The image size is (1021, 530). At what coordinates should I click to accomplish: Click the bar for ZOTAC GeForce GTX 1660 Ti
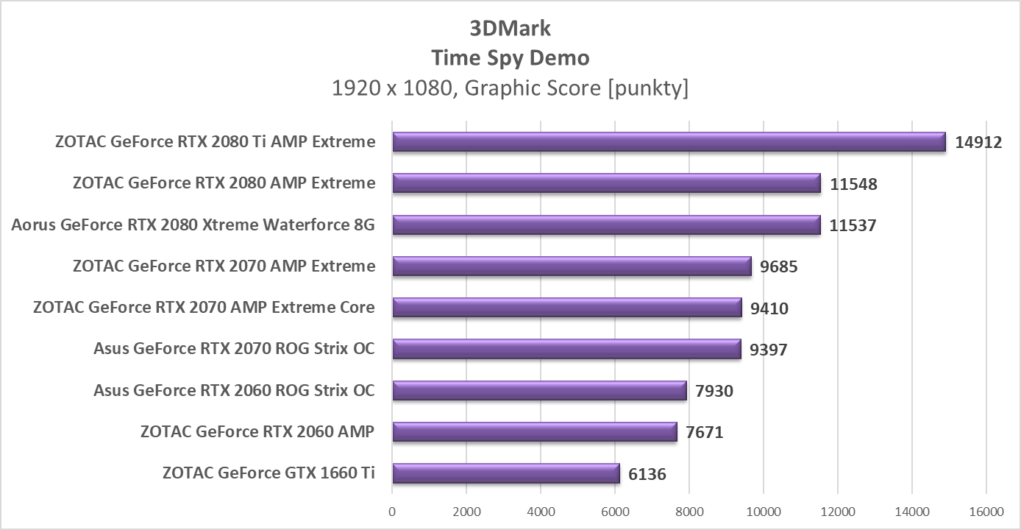pyautogui.click(x=506, y=473)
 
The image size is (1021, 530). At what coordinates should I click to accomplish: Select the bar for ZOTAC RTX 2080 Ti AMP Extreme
pyautogui.click(x=669, y=142)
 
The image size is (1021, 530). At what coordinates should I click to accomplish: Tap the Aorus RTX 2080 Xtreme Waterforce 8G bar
pyautogui.click(x=606, y=225)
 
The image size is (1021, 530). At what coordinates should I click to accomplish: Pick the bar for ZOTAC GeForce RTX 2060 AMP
pyautogui.click(x=534, y=431)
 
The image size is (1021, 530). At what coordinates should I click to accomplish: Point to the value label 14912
pyautogui.click(x=978, y=143)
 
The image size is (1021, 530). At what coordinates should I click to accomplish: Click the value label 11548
pyautogui.click(x=853, y=184)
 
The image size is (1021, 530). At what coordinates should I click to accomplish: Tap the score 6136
pyautogui.click(x=647, y=474)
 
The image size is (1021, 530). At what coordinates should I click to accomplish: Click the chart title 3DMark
pyautogui.click(x=510, y=28)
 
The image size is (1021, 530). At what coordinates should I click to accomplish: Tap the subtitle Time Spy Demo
pyautogui.click(x=510, y=57)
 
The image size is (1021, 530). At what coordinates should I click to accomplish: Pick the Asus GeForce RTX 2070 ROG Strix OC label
pyautogui.click(x=234, y=348)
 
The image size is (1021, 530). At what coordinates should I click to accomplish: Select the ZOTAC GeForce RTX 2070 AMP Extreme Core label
pyautogui.click(x=204, y=307)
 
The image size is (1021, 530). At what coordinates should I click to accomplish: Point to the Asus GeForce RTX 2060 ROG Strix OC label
pyautogui.click(x=234, y=389)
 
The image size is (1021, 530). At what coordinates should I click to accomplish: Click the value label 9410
pyautogui.click(x=769, y=308)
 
